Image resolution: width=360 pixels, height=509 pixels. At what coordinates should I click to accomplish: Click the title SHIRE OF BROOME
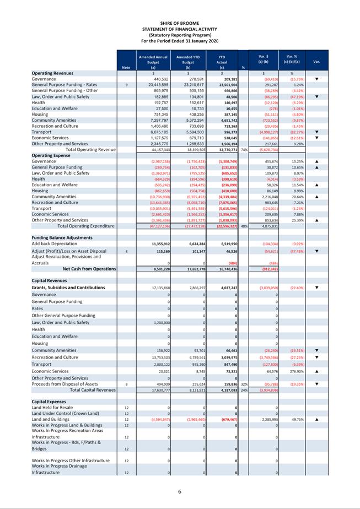pyautogui.click(x=180, y=23)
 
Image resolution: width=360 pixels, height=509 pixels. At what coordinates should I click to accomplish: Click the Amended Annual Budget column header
pyautogui.click(x=153, y=59)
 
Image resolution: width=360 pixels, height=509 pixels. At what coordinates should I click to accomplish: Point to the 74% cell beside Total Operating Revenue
pyautogui.click(x=243, y=149)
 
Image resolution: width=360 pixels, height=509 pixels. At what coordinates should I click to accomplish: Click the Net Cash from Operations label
pyautogui.click(x=89, y=269)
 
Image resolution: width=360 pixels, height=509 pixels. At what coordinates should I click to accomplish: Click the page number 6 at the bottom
pyautogui.click(x=180, y=491)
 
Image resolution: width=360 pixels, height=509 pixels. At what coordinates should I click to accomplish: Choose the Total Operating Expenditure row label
pyautogui.click(x=86, y=225)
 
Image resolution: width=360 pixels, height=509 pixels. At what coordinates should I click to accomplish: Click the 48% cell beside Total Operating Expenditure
pyautogui.click(x=243, y=225)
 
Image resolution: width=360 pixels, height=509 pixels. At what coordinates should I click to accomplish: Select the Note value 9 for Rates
pyautogui.click(x=126, y=85)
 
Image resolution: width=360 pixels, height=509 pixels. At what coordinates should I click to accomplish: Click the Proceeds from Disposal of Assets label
pyautogui.click(x=65, y=384)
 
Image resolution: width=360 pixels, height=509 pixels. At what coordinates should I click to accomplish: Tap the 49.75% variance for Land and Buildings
pyautogui.click(x=292, y=419)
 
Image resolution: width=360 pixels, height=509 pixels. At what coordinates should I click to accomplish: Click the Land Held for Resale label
pyautogui.click(x=52, y=407)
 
